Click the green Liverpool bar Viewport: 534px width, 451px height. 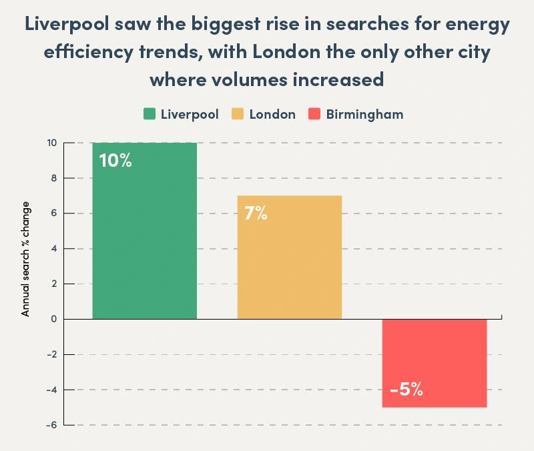[x=144, y=230]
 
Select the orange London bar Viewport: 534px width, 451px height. [x=289, y=257]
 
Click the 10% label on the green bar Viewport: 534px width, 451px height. [x=115, y=161]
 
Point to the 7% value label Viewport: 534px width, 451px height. [x=256, y=213]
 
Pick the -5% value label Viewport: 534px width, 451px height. [x=407, y=390]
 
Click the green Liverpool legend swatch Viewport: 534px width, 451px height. [x=150, y=114]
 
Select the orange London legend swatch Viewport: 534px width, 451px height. [x=238, y=114]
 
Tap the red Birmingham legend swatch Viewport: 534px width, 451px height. [x=314, y=114]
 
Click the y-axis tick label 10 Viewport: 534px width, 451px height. [x=51, y=143]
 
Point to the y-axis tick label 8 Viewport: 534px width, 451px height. [x=53, y=178]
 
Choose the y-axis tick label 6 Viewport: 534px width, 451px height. [x=53, y=213]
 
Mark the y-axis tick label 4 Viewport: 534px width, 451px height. [x=53, y=249]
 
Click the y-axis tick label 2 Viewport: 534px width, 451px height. [x=53, y=284]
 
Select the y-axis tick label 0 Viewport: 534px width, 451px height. [x=53, y=320]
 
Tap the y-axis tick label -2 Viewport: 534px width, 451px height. [x=51, y=354]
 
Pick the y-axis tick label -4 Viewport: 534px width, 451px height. [x=51, y=390]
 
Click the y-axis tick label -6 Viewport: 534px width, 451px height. [x=51, y=425]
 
